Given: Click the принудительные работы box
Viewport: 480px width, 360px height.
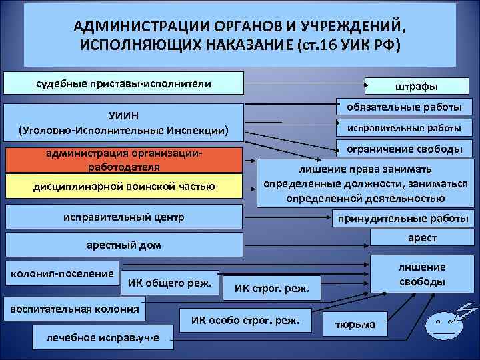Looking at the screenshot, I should pyautogui.click(x=403, y=218).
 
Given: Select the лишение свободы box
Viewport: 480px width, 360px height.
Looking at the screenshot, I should pyautogui.click(x=421, y=274).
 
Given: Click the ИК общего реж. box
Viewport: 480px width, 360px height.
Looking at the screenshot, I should pyautogui.click(x=170, y=284).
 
